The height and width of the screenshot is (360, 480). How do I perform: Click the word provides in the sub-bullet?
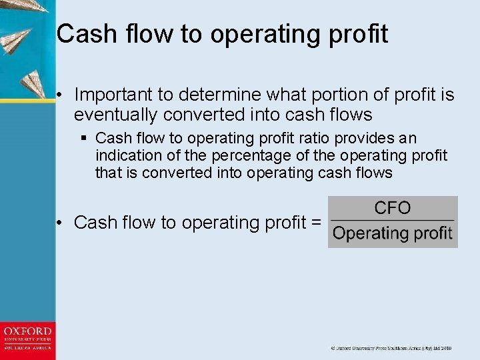(370, 139)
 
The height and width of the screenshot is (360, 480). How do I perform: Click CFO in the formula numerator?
(393, 208)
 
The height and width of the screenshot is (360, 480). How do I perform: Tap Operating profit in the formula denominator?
(393, 233)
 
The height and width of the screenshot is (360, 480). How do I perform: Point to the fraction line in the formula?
(393, 220)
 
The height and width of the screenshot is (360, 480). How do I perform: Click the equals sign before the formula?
(316, 223)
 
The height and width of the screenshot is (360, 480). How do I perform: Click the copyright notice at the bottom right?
(392, 348)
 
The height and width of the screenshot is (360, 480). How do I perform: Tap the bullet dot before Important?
(60, 95)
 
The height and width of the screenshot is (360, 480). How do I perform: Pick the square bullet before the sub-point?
(85, 139)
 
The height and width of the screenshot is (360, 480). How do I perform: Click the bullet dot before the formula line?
(60, 223)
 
